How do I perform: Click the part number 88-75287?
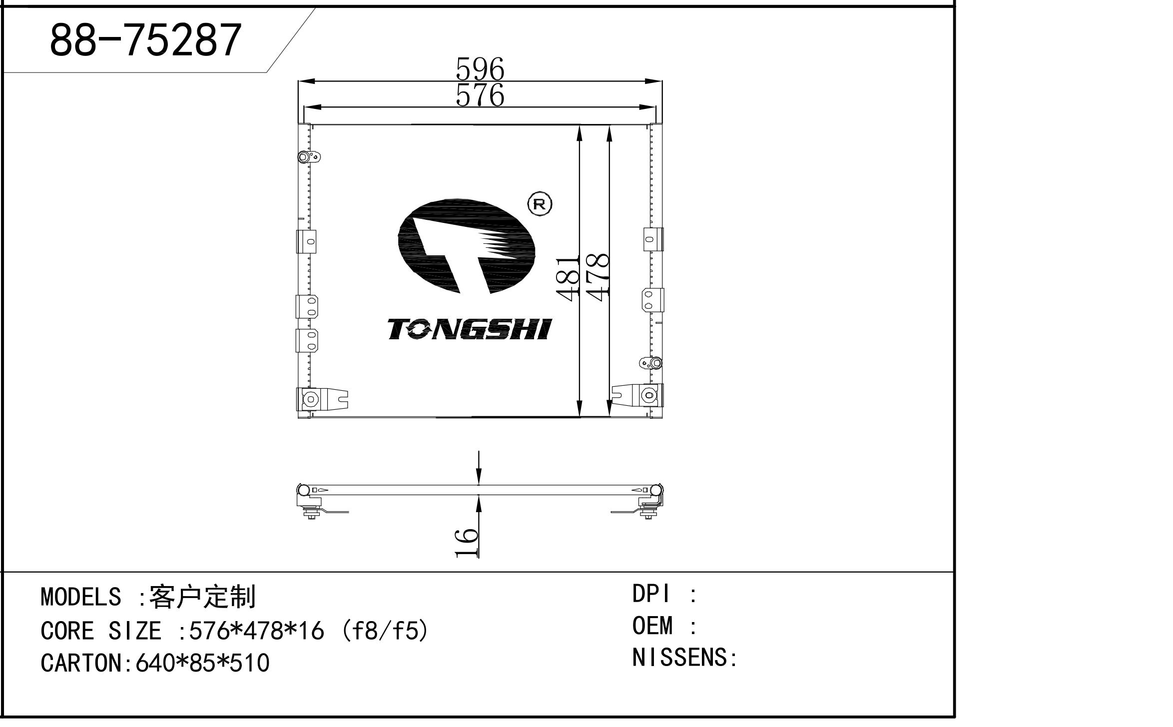tap(145, 40)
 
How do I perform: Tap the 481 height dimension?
tap(568, 278)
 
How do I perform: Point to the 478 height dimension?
tap(597, 276)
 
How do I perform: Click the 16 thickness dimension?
tap(467, 542)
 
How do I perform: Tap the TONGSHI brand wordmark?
tap(469, 329)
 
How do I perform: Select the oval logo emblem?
tap(466, 247)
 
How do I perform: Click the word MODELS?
tap(80, 597)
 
